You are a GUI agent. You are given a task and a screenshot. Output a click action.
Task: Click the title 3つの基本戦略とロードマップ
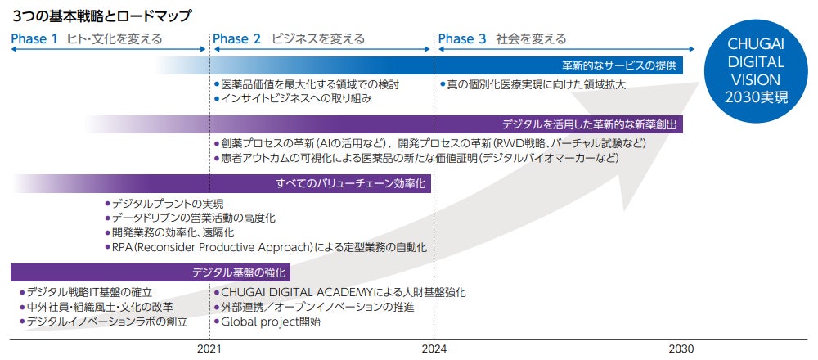[102, 16]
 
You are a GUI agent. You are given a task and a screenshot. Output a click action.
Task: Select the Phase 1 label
[34, 38]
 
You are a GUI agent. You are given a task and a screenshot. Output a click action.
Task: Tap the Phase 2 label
[236, 38]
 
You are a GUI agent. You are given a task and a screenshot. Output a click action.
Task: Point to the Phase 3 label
[462, 38]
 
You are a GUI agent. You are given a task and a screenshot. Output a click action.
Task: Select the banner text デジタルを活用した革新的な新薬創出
[590, 125]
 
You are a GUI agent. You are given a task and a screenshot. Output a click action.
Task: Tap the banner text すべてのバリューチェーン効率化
[352, 184]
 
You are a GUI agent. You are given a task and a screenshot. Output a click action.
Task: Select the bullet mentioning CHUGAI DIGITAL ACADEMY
[344, 292]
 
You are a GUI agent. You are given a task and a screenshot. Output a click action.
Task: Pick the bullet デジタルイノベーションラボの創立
[106, 322]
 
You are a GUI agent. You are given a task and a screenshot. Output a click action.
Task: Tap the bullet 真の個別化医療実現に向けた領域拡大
[536, 84]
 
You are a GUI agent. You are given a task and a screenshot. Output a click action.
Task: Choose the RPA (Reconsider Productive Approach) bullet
[269, 247]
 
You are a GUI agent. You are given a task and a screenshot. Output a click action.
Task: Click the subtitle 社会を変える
[531, 38]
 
